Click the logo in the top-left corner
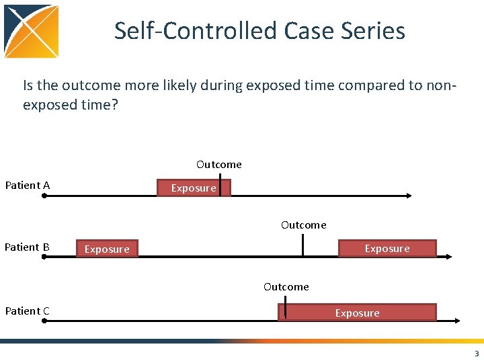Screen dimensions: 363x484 pyautogui.click(x=32, y=32)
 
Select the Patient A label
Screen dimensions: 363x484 pyautogui.click(x=28, y=186)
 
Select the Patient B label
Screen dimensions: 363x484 pyautogui.click(x=27, y=247)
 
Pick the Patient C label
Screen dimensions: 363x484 pyautogui.click(x=27, y=311)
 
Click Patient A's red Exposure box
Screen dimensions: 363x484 pyautogui.click(x=194, y=188)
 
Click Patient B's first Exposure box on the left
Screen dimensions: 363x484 pyautogui.click(x=107, y=249)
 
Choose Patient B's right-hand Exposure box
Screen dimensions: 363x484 pyautogui.click(x=387, y=249)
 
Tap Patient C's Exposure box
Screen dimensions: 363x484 pyautogui.click(x=357, y=313)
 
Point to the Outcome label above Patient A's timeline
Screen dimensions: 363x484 pyautogui.click(x=219, y=165)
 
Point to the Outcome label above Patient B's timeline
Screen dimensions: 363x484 pyautogui.click(x=304, y=225)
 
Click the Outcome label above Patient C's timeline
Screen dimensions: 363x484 pyautogui.click(x=286, y=287)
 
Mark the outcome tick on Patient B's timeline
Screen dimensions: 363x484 pyautogui.click(x=303, y=245)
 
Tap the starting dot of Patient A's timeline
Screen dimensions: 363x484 pyautogui.click(x=44, y=196)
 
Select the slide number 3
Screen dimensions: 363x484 pyautogui.click(x=477, y=354)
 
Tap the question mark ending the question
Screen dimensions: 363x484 pyautogui.click(x=114, y=106)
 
